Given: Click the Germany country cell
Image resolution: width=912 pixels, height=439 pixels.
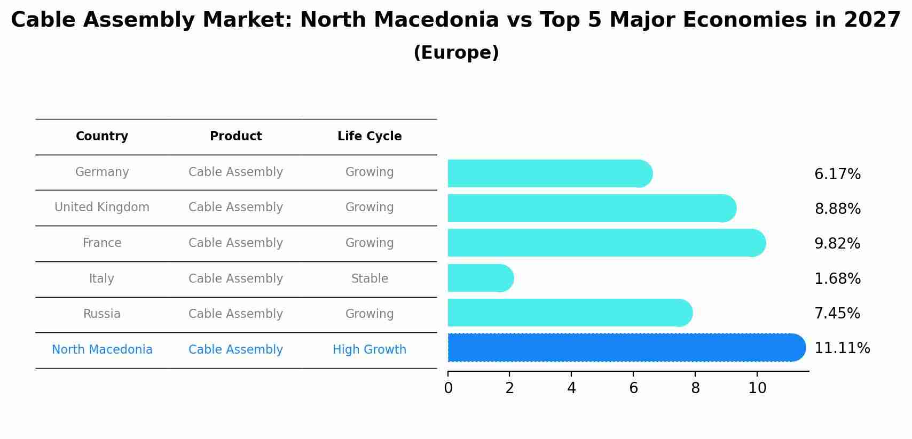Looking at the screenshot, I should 102,172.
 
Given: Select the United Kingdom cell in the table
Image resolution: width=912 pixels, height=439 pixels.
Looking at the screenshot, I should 102,207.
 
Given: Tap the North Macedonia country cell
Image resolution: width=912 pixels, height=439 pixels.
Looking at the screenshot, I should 102,350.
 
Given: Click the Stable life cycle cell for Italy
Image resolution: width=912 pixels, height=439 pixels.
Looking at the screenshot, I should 369,279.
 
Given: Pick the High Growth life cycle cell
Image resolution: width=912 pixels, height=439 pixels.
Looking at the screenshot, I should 369,350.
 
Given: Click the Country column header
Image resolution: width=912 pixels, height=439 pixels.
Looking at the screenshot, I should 102,137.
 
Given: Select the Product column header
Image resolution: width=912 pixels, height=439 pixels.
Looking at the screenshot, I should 236,137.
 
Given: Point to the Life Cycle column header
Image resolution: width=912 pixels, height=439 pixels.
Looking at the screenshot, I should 369,137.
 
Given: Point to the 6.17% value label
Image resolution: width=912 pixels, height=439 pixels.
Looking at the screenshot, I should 837,174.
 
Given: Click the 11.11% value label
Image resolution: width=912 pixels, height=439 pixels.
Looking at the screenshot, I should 842,348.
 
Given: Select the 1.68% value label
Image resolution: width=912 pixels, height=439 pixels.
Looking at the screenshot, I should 837,279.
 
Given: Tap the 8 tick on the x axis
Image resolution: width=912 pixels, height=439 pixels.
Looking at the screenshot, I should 695,388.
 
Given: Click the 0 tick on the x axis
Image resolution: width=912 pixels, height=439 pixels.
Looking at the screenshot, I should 448,388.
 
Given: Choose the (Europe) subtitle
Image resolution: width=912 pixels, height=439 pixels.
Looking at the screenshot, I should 456,53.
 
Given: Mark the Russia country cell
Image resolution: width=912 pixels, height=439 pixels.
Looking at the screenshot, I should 102,314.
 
